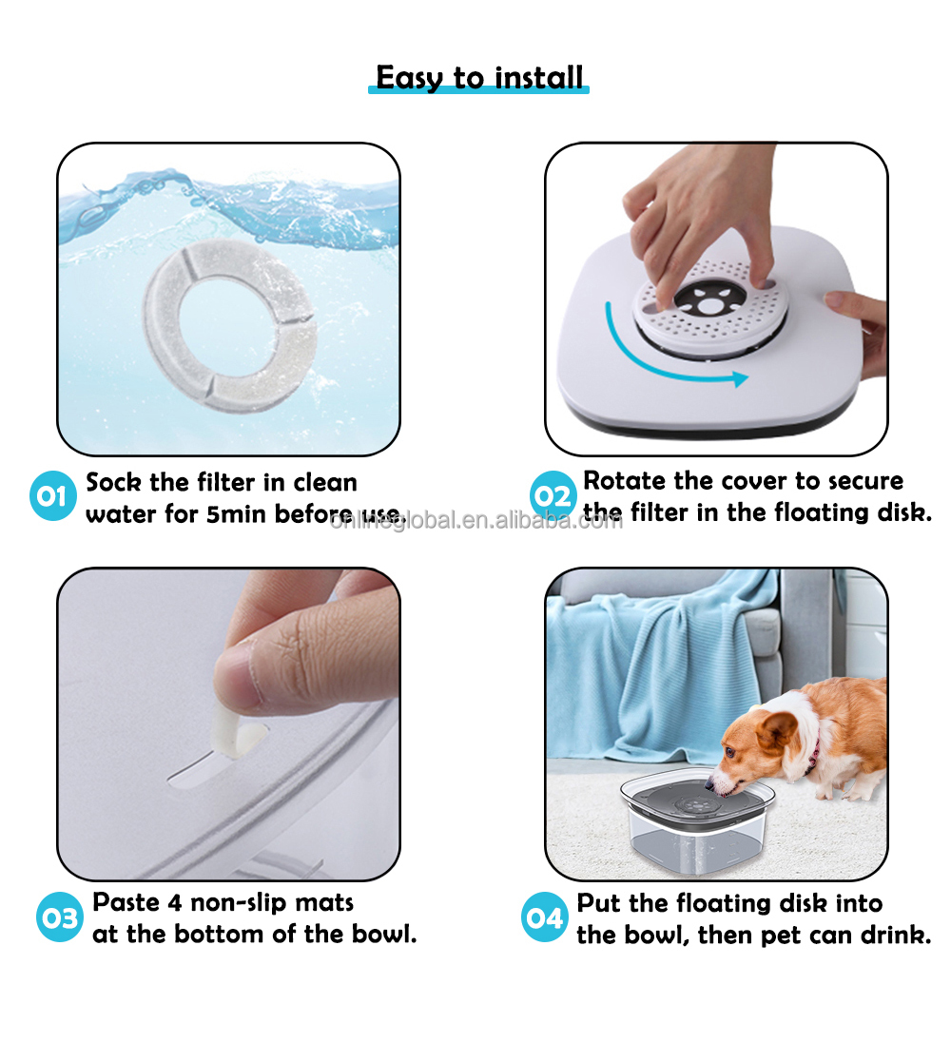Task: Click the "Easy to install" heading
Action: tap(478, 77)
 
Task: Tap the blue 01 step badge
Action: tap(52, 495)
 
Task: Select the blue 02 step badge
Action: tap(553, 495)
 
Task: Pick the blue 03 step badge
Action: tap(60, 917)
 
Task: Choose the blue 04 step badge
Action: tap(545, 917)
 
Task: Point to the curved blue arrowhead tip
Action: tap(747, 377)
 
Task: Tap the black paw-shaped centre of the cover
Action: tap(709, 300)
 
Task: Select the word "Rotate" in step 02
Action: tap(625, 480)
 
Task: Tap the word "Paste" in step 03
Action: tap(126, 902)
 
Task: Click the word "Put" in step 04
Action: tap(599, 903)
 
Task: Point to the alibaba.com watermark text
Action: tap(475, 520)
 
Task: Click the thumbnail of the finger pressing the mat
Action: tap(228, 724)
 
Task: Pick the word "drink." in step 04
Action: tap(896, 935)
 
